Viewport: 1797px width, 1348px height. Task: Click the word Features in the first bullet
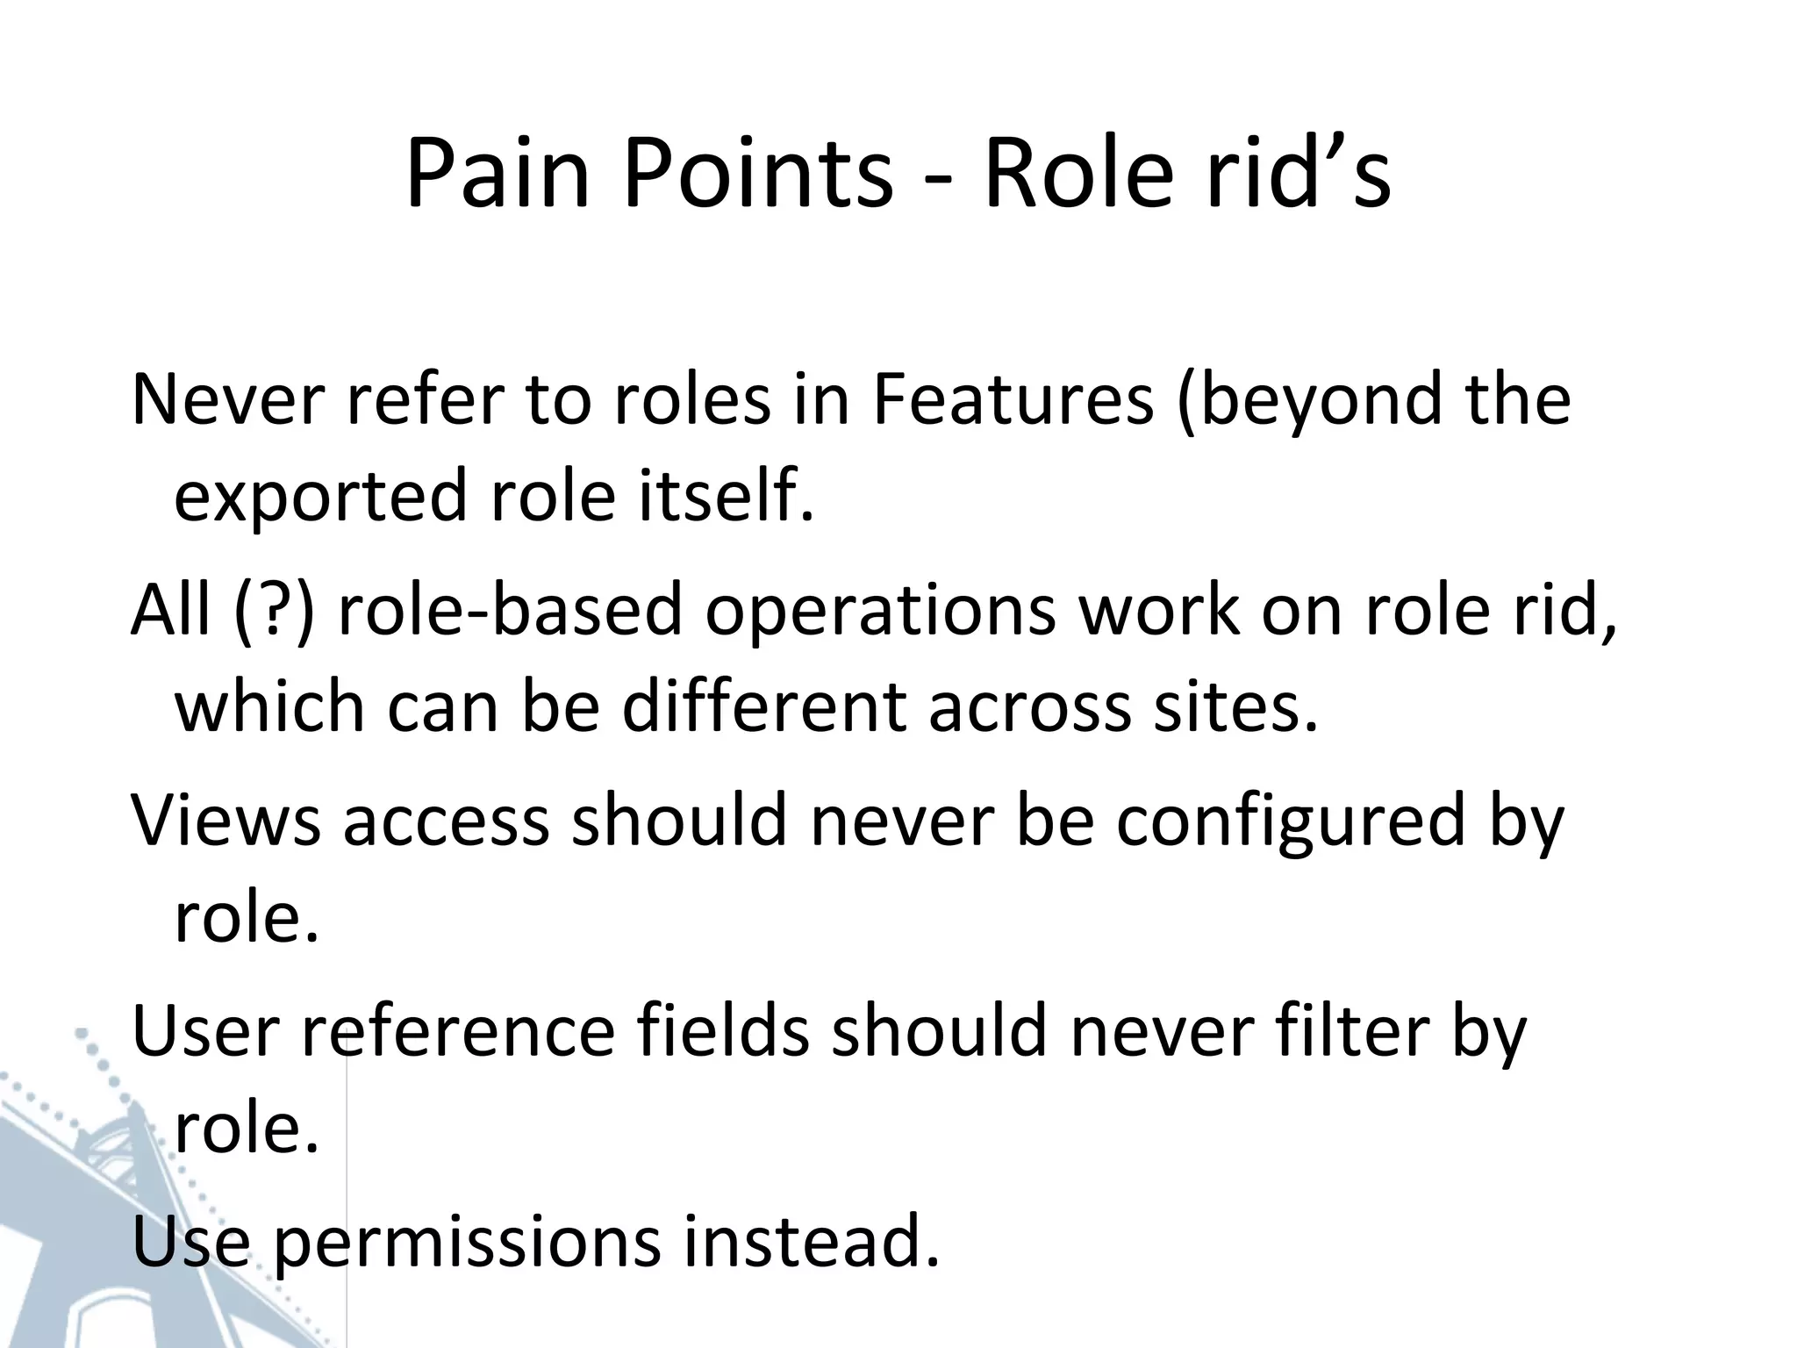click(1013, 399)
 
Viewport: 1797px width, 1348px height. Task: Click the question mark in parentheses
click(275, 610)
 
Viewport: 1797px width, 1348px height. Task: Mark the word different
click(763, 706)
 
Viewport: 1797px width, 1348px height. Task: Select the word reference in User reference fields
click(459, 1031)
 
